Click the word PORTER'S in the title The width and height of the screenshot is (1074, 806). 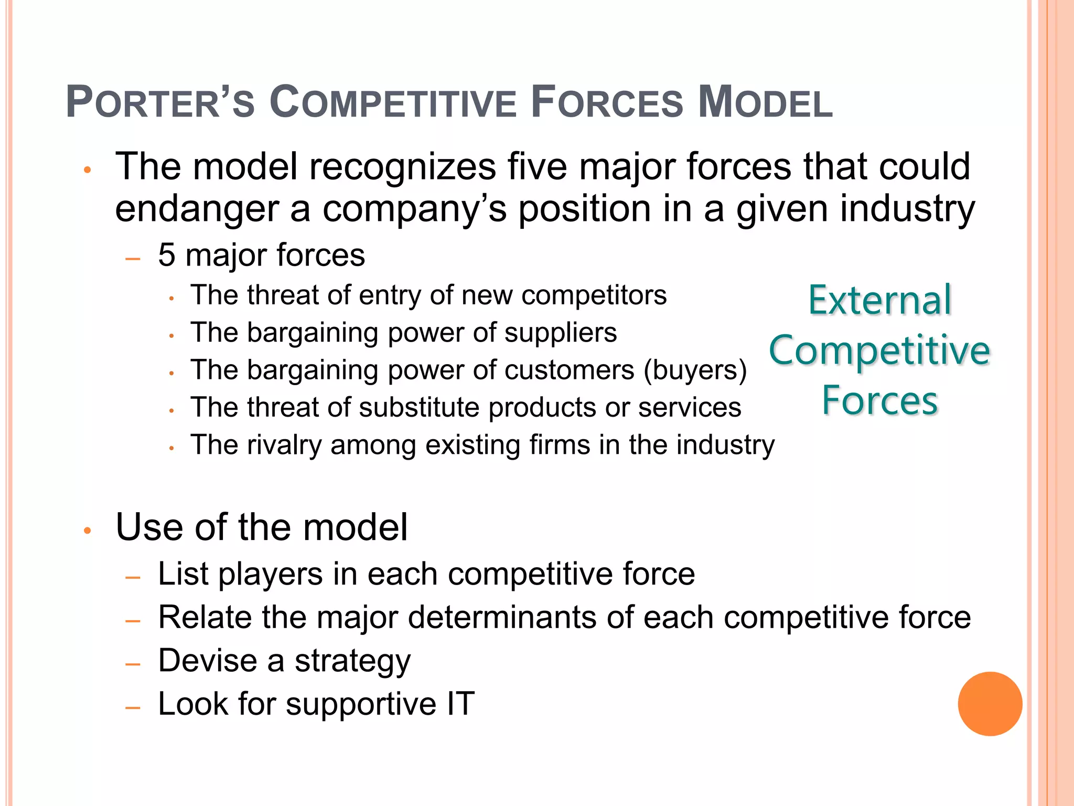tap(160, 102)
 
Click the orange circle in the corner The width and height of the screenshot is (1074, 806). tap(990, 704)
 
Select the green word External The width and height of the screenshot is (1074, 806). tap(879, 301)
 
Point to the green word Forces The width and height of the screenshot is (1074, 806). tap(879, 401)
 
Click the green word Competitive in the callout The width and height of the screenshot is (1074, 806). tap(879, 351)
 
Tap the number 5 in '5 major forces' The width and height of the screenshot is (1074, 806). tap(167, 256)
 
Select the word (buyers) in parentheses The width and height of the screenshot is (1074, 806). tap(695, 370)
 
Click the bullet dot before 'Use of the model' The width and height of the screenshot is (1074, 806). tap(88, 531)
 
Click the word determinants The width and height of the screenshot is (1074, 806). tap(502, 617)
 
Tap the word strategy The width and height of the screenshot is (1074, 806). tap(352, 661)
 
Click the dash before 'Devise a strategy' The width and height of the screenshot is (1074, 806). tap(133, 664)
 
